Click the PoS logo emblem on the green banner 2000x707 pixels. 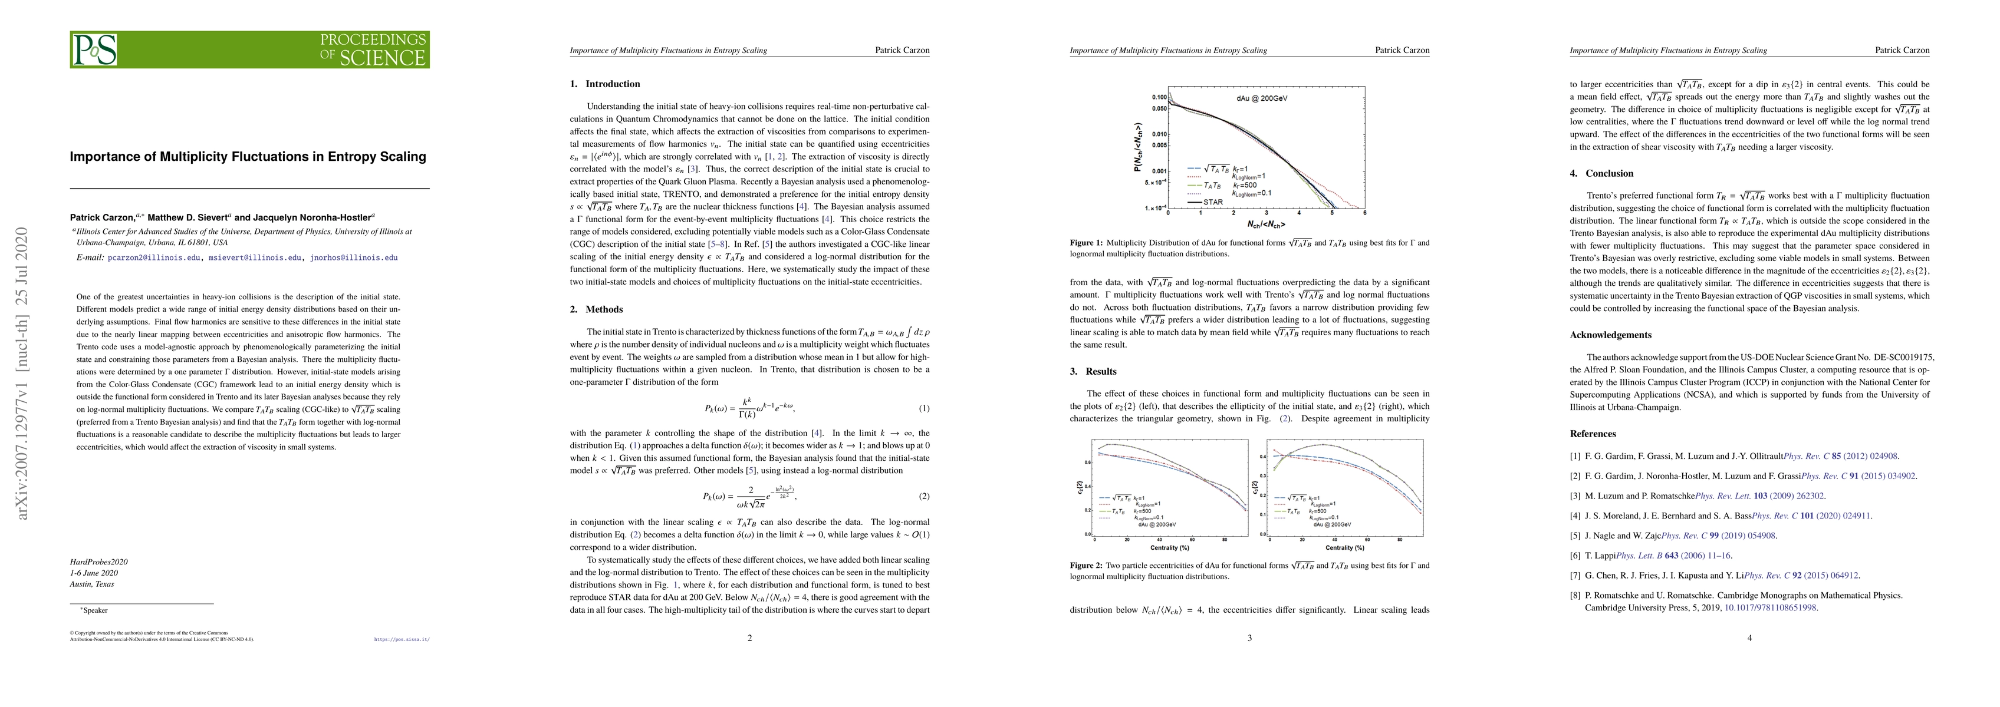click(x=95, y=49)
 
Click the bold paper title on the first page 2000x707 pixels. click(x=248, y=157)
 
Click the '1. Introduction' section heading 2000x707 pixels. click(x=605, y=84)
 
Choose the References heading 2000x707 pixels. click(x=1593, y=434)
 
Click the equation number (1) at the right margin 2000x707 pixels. click(x=924, y=408)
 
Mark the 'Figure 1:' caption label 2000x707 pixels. click(x=1085, y=243)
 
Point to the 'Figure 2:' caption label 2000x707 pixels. click(x=1085, y=566)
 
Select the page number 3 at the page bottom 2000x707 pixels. click(x=1249, y=639)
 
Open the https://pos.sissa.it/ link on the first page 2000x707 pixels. click(x=402, y=640)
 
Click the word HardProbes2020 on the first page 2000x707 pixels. click(x=98, y=562)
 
